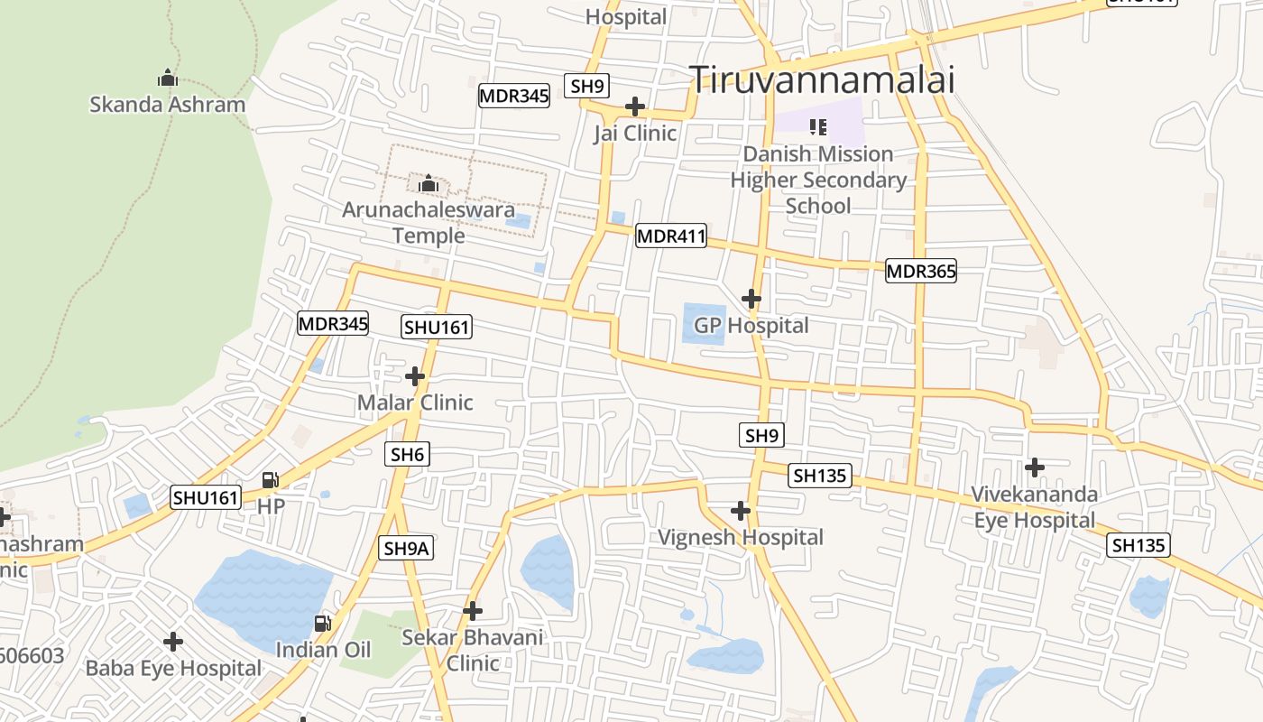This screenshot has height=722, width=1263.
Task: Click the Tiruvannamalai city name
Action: [x=822, y=79]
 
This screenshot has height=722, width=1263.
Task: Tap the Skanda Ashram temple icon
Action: [x=167, y=78]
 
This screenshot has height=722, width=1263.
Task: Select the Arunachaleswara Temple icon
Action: [x=429, y=184]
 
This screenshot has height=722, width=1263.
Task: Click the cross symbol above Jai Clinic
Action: [x=635, y=106]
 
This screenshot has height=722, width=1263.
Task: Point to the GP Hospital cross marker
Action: [x=751, y=298]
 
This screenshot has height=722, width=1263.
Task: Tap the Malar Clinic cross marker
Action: [x=415, y=375]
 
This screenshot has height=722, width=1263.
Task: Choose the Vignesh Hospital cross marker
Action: [x=741, y=511]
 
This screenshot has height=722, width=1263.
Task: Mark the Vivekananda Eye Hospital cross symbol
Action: [x=1035, y=467]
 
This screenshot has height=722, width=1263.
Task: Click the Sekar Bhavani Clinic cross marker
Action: [x=473, y=611]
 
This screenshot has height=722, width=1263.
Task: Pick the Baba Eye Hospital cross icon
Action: [x=173, y=642]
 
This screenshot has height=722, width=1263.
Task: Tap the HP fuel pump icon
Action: [x=271, y=480]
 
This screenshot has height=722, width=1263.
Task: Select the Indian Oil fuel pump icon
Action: [x=322, y=623]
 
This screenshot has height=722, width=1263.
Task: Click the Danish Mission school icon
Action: [x=818, y=127]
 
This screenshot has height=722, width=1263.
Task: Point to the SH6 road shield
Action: [x=407, y=455]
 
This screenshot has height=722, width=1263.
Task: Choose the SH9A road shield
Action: [x=407, y=548]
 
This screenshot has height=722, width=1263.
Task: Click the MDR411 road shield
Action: [x=670, y=236]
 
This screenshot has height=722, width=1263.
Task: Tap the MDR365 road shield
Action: [x=920, y=271]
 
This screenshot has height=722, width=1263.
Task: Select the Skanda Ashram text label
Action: [x=167, y=105]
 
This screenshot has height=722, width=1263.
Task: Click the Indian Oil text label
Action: [x=323, y=650]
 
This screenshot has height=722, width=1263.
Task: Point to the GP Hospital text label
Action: [x=751, y=325]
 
